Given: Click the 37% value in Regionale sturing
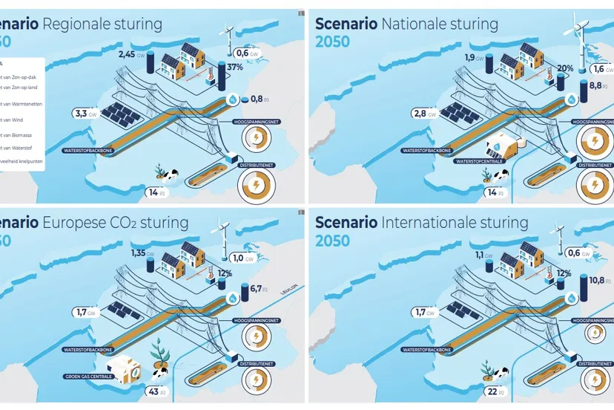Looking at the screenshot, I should [234, 68].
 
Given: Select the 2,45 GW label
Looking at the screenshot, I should [132, 54].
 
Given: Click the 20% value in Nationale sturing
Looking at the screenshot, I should [565, 68].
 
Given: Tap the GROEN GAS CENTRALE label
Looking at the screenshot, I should [87, 377].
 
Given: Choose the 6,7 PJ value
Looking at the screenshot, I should [260, 288].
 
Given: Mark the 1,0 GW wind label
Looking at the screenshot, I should [242, 258].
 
